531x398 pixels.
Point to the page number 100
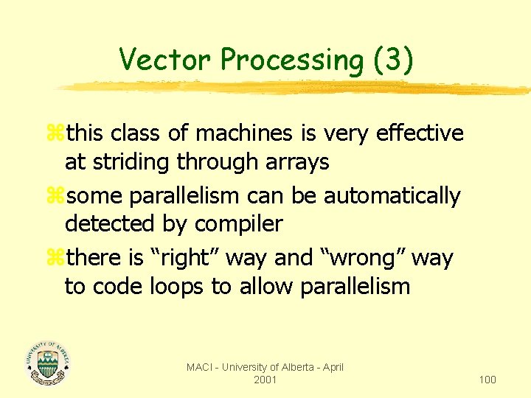tap(487, 380)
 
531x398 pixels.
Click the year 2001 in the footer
tap(265, 380)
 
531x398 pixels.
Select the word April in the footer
tap(331, 367)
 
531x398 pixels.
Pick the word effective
tap(420, 133)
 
